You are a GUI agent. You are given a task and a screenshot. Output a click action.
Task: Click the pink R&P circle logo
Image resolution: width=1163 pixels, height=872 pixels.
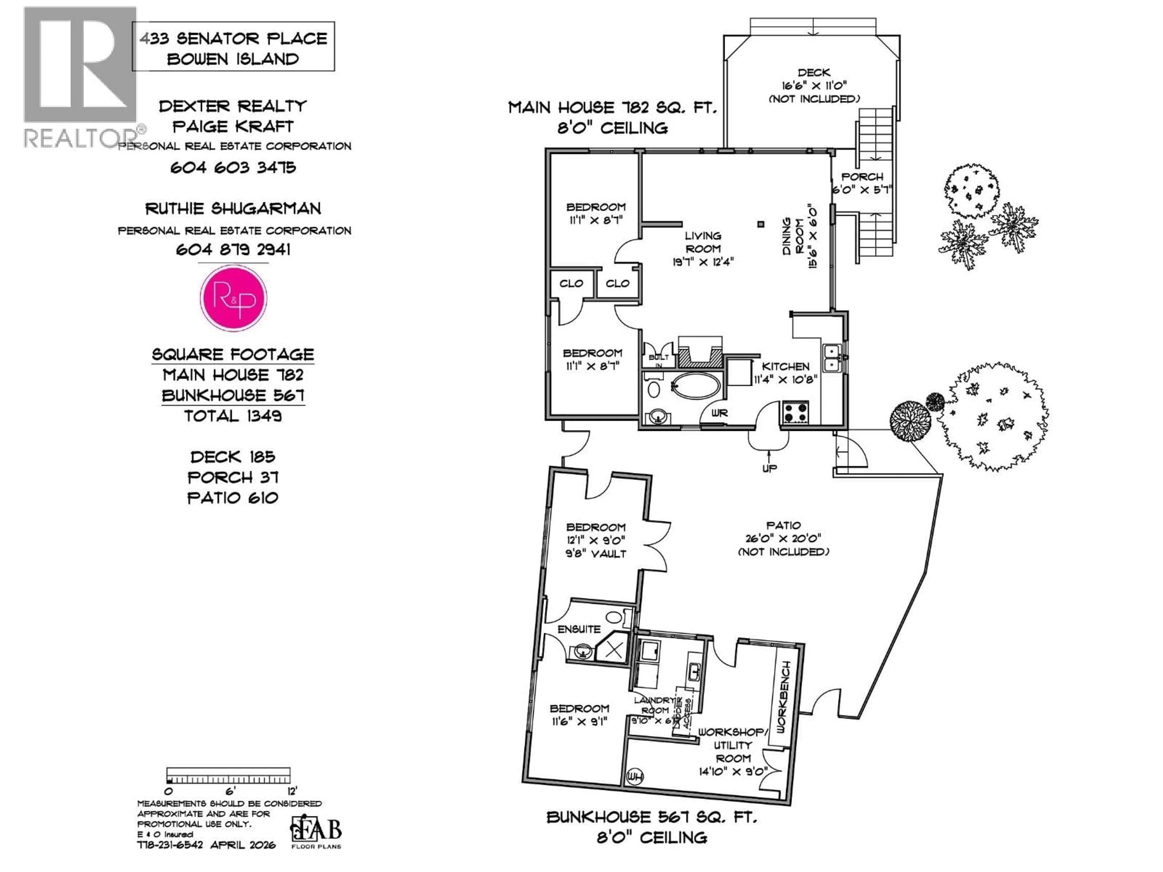[234, 298]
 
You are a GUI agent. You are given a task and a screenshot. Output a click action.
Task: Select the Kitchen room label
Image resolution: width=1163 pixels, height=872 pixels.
[786, 366]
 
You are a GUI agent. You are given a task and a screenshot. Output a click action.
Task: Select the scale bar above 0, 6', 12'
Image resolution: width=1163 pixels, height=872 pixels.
[228, 775]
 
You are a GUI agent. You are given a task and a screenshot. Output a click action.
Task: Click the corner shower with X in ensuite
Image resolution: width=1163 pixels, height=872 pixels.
[614, 650]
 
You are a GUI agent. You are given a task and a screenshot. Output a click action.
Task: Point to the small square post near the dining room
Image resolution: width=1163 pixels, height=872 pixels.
[760, 224]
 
